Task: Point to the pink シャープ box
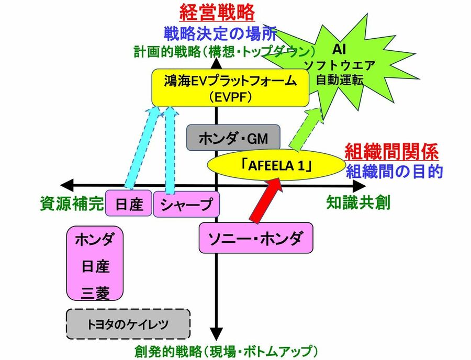coord(186,204)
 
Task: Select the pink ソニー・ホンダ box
coord(255,238)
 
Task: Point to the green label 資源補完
coord(72,203)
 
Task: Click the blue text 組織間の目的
coord(394,171)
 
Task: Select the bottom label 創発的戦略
coord(226,350)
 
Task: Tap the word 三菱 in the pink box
coord(95,294)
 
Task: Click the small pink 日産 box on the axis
coord(128,204)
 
